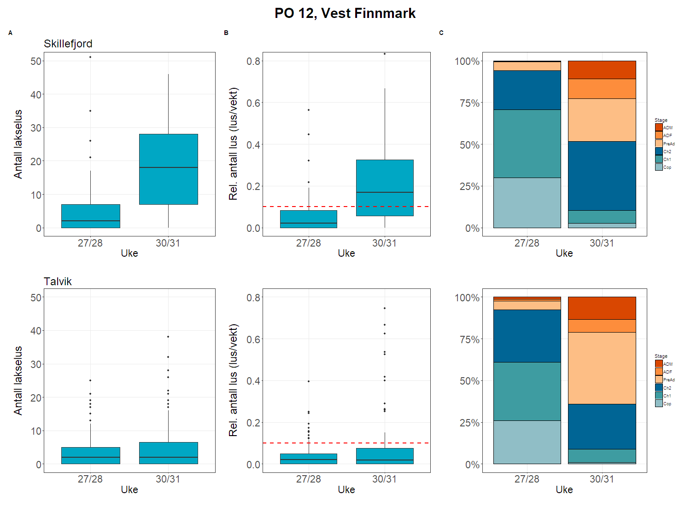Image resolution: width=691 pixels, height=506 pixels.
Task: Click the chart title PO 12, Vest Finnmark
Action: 345,13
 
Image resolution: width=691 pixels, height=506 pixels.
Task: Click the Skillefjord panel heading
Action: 68,44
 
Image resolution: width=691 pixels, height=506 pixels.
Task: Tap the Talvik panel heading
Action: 58,282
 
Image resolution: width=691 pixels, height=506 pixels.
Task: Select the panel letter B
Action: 226,33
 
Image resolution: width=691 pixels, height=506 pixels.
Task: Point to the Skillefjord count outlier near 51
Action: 90,57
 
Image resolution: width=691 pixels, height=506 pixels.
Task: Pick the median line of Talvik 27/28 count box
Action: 90,457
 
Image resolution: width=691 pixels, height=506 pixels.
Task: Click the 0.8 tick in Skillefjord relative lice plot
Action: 254,61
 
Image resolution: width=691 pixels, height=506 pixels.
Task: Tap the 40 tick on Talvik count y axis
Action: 36,331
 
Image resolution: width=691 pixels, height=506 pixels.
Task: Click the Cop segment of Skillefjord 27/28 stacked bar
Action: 527,202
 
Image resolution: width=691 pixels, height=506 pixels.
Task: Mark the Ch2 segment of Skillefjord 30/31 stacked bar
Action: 602,176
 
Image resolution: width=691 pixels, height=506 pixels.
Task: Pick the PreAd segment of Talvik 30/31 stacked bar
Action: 602,368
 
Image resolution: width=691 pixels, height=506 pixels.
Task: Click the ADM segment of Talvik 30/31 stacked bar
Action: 602,308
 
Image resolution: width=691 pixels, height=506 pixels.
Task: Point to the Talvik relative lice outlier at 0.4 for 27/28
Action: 309,381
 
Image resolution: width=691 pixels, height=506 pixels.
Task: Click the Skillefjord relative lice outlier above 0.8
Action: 385,54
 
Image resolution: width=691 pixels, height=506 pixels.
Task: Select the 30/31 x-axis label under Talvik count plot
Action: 168,479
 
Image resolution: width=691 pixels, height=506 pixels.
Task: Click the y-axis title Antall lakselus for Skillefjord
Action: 18,144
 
